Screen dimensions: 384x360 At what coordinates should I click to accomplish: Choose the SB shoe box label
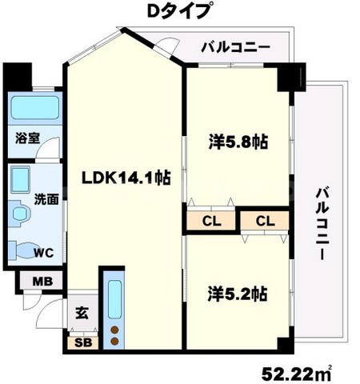[82, 342]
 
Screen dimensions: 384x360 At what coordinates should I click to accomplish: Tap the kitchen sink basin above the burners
[114, 300]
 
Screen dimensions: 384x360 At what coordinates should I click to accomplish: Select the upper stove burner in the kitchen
[114, 329]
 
